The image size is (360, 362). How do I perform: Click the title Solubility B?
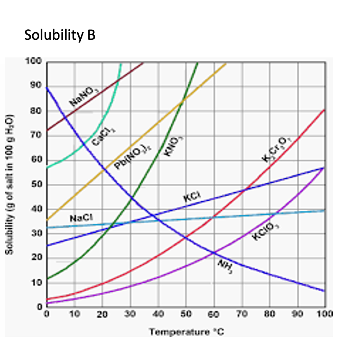(x=60, y=35)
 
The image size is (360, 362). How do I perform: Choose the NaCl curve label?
(x=81, y=218)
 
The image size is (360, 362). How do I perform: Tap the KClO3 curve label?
(x=265, y=231)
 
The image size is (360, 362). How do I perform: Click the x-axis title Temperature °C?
(x=187, y=332)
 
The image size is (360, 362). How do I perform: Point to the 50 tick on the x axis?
(x=186, y=314)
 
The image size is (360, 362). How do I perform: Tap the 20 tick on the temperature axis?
(x=103, y=314)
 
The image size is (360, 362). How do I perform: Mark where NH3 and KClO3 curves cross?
(x=213, y=253)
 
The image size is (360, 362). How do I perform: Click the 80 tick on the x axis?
(x=270, y=314)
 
